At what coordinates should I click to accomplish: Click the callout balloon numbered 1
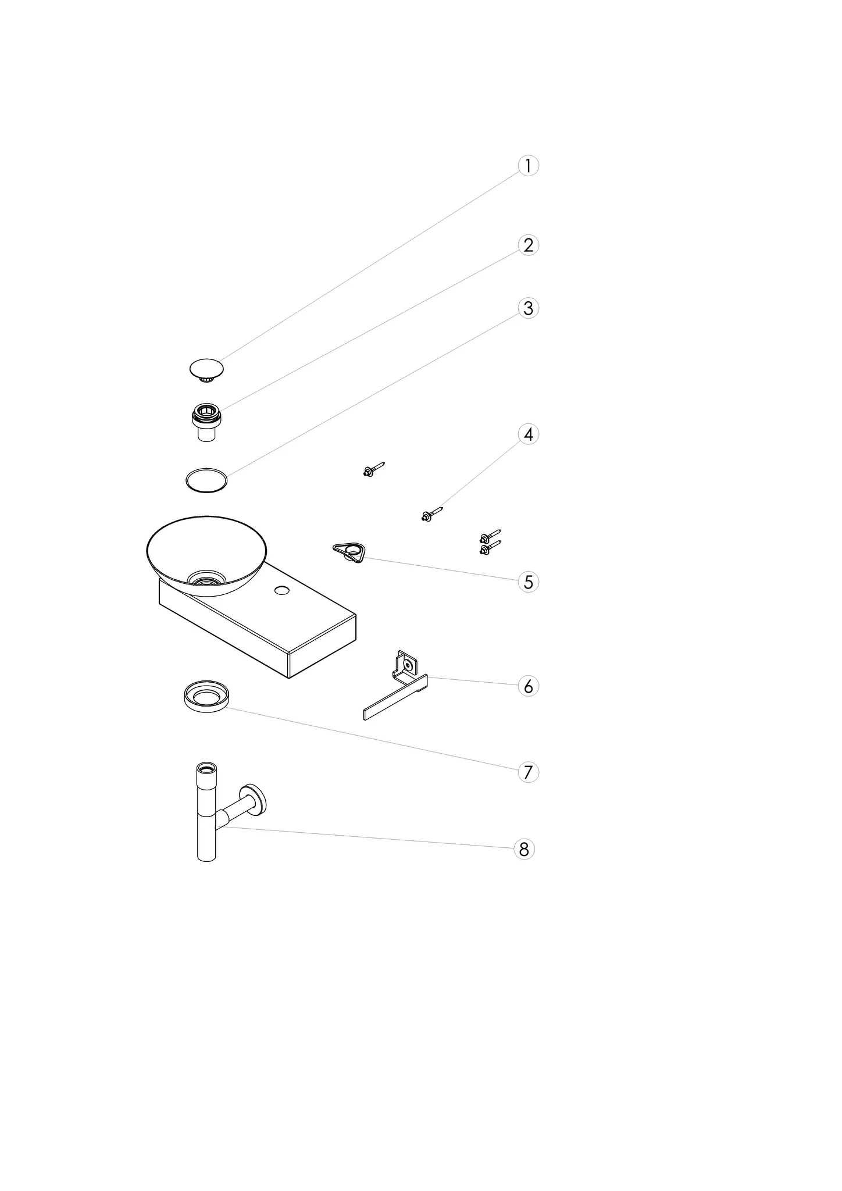528,166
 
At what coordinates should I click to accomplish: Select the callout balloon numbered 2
528,245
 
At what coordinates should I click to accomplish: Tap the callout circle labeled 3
528,308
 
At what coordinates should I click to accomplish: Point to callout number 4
528,434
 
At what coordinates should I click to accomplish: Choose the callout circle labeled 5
528,582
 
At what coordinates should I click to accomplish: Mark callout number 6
528,686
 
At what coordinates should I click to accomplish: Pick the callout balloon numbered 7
528,772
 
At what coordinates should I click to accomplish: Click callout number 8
524,850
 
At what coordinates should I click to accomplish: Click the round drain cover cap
206,370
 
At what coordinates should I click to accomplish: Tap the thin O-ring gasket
206,480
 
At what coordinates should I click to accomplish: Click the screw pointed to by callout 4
432,514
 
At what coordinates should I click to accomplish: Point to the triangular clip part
349,552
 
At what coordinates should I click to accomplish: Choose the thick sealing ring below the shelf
206,696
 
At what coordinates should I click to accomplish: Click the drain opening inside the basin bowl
206,578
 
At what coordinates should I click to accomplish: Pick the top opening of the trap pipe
206,768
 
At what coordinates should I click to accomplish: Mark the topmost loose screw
373,469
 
